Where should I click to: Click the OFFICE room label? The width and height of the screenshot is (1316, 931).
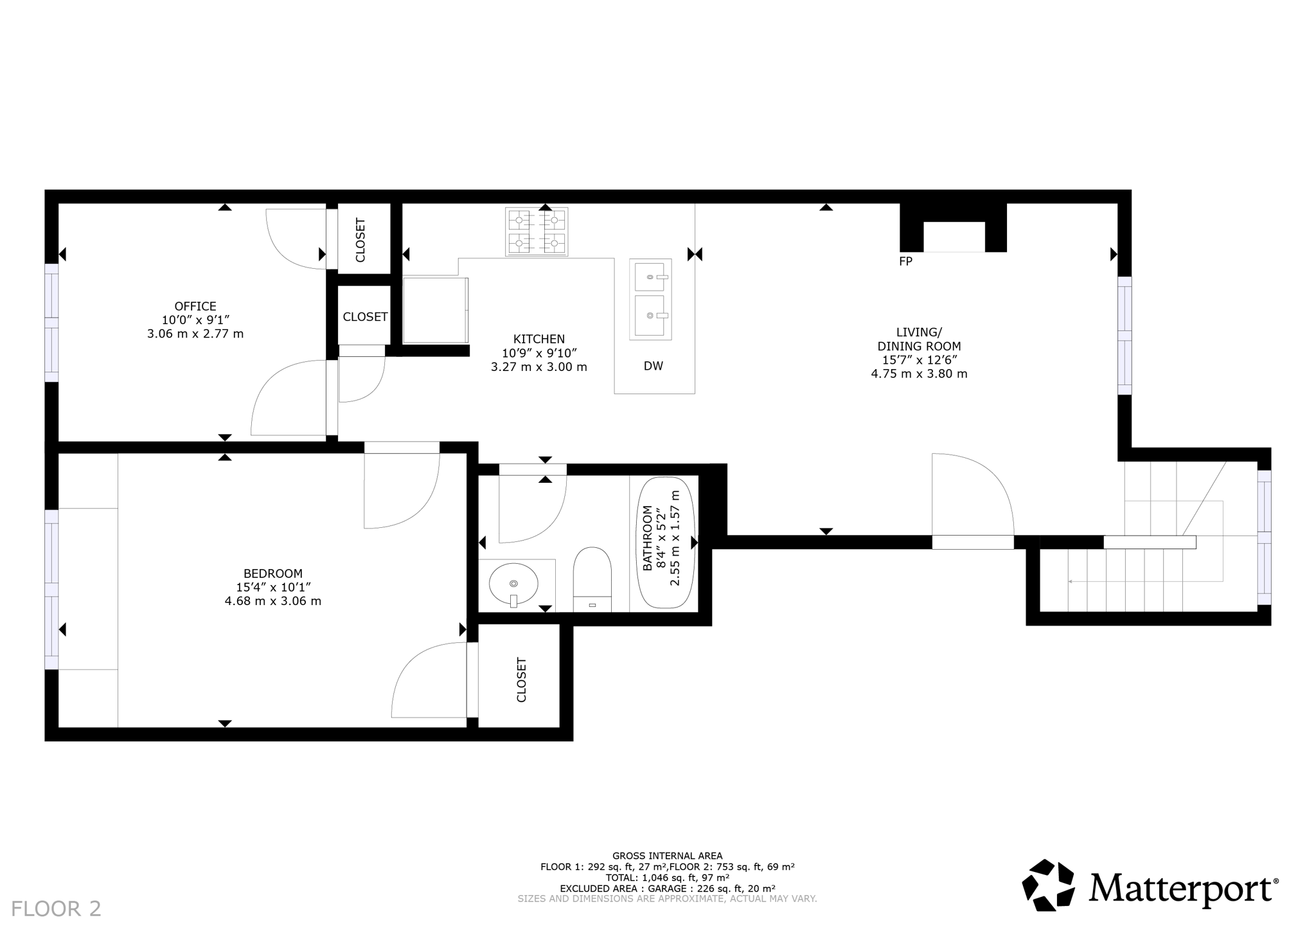(x=195, y=307)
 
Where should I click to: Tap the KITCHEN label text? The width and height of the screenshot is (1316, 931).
(x=538, y=339)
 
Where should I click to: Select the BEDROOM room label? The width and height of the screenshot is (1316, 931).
(x=272, y=574)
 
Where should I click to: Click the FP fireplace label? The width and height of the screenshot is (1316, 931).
(x=905, y=262)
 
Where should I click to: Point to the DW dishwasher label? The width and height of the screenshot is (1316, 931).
(x=653, y=366)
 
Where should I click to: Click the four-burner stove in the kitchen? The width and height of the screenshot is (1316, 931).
(x=537, y=232)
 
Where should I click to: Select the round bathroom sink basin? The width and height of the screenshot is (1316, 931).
(x=513, y=584)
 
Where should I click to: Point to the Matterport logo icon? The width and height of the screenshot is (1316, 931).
(x=1048, y=885)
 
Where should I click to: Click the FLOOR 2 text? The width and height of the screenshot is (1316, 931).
(x=57, y=908)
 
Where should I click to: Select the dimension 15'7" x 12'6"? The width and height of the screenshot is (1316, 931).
(x=919, y=360)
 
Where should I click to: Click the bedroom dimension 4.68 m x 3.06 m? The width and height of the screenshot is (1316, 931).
(x=272, y=601)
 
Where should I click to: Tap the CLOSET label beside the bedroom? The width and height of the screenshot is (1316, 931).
(x=521, y=680)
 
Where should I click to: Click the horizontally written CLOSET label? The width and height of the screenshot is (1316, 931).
(x=365, y=317)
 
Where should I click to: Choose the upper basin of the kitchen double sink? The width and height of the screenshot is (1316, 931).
(x=650, y=276)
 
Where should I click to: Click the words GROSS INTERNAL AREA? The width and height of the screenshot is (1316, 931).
(x=667, y=856)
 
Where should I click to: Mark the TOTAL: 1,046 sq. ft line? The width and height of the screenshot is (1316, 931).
(x=667, y=877)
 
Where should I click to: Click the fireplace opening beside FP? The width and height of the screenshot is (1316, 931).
(x=954, y=237)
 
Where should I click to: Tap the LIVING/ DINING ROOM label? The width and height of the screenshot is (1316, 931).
(x=919, y=339)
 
